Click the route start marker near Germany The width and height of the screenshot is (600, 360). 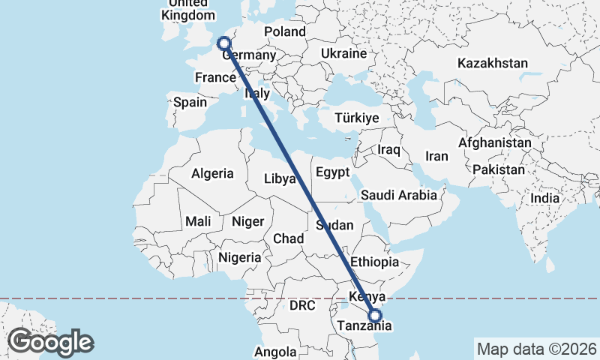click(223, 43)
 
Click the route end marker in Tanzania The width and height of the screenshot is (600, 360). click(376, 316)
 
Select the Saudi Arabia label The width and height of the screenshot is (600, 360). click(398, 196)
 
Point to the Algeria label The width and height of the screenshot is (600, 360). click(212, 173)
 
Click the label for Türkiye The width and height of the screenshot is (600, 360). click(357, 118)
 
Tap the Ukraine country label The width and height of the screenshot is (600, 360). click(343, 54)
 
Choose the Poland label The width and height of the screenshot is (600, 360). click(285, 31)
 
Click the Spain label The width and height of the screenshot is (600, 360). click(190, 102)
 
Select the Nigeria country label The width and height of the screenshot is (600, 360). click(239, 257)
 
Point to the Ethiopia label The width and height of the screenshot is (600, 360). click(374, 262)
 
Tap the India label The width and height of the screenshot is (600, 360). click(545, 199)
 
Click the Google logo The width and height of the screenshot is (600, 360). click(51, 343)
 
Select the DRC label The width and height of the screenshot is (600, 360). click(304, 306)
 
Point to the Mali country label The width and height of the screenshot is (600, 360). click(198, 221)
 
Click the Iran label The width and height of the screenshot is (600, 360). click(436, 157)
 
